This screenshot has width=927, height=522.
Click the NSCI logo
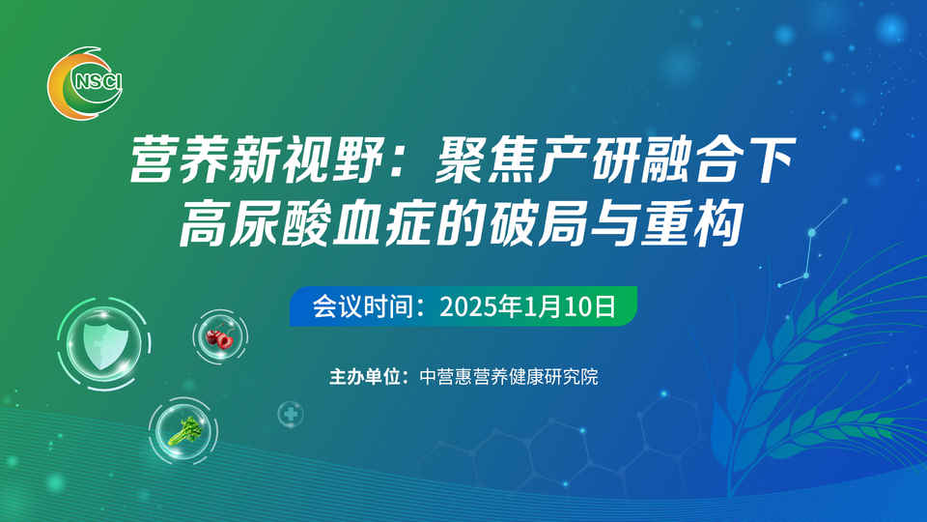click(85, 83)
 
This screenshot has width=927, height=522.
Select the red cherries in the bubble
click(219, 338)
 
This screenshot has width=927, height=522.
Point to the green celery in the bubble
click(184, 431)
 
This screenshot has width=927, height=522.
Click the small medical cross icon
click(291, 414)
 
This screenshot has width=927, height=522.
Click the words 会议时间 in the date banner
click(363, 306)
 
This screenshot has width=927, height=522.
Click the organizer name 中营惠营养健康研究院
click(509, 376)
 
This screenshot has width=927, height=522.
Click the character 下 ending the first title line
click(770, 159)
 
